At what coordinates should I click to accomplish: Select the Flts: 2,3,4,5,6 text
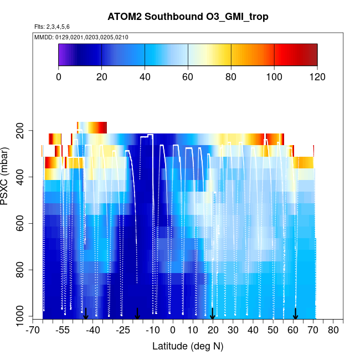click(x=52, y=27)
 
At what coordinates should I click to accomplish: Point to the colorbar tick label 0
click(x=59, y=76)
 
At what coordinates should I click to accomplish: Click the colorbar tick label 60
click(x=188, y=76)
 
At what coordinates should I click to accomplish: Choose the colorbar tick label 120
click(x=317, y=76)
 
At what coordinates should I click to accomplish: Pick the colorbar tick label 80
click(x=231, y=76)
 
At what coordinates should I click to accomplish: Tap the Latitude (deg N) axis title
click(x=188, y=346)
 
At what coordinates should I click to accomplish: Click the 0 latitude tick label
click(x=173, y=331)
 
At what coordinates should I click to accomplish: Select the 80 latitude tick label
click(x=333, y=331)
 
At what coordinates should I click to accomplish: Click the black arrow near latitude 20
click(x=213, y=314)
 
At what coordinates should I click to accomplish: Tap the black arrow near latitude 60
click(x=295, y=314)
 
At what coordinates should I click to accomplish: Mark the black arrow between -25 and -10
click(x=137, y=314)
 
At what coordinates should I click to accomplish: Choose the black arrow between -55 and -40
click(x=86, y=314)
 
